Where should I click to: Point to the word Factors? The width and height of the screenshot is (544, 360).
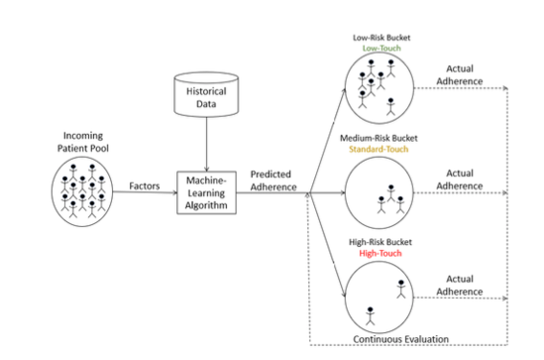[x=146, y=185]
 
